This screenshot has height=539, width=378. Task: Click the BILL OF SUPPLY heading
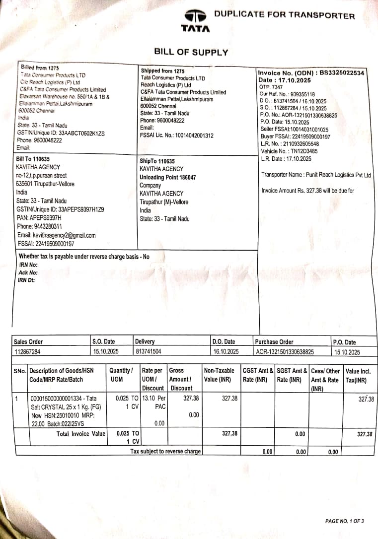[x=191, y=52]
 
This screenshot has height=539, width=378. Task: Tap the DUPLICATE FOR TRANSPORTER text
[x=285, y=15]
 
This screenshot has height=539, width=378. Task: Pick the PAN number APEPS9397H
[x=45, y=218]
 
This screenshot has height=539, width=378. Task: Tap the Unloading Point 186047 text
[x=168, y=177]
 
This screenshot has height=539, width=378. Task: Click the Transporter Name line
[x=316, y=175]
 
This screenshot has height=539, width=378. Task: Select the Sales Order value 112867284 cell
[x=28, y=352]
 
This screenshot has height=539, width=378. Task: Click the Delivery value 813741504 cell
[x=148, y=352]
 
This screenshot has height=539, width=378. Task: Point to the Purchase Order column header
[x=274, y=341]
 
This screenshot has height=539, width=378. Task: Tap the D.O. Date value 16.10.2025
[x=226, y=352]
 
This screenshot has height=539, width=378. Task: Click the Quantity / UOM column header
[x=121, y=375]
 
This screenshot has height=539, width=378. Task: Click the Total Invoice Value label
[x=81, y=433]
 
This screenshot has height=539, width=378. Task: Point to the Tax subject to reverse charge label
[x=165, y=452]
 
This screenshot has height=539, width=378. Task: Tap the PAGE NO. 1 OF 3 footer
[x=344, y=521]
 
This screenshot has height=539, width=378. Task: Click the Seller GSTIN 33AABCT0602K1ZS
[x=61, y=133]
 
